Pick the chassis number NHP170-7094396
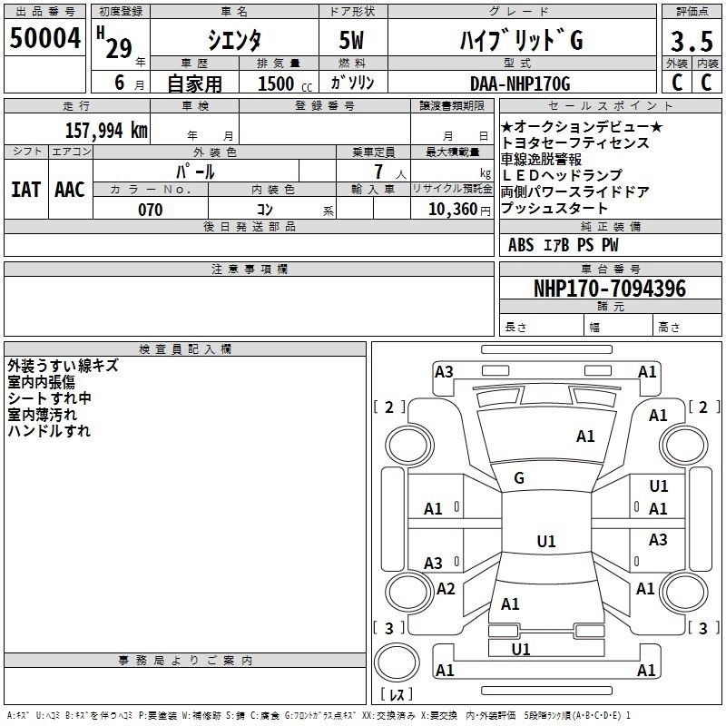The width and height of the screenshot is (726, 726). point(610,289)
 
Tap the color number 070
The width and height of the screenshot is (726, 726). point(150,210)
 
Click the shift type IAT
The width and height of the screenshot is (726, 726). point(25,189)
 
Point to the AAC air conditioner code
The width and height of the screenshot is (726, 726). point(70,189)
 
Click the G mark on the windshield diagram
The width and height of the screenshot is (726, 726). point(519,478)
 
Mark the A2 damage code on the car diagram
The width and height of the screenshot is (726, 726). point(446,589)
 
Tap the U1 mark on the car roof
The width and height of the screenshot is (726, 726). point(546,542)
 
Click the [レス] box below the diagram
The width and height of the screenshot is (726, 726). point(397,695)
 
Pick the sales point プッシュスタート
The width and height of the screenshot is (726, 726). point(554,209)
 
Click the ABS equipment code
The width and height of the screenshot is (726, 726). point(521,245)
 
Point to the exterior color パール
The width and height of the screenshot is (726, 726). point(193,171)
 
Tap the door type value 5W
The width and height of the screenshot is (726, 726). point(352,41)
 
